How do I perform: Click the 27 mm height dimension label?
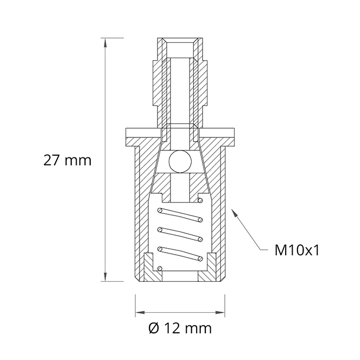coord(67,160)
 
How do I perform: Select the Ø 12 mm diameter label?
coord(180,329)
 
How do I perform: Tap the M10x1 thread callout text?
coord(297,250)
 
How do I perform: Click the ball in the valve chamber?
coord(180,162)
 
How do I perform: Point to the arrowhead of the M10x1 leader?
coord(234,212)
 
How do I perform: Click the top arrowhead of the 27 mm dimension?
coord(105,42)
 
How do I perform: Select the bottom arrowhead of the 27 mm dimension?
coord(105,277)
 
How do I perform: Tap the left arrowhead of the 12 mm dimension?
coord(140,312)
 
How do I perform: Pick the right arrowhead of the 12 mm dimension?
coord(220,312)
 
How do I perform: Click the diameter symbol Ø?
coord(154,329)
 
